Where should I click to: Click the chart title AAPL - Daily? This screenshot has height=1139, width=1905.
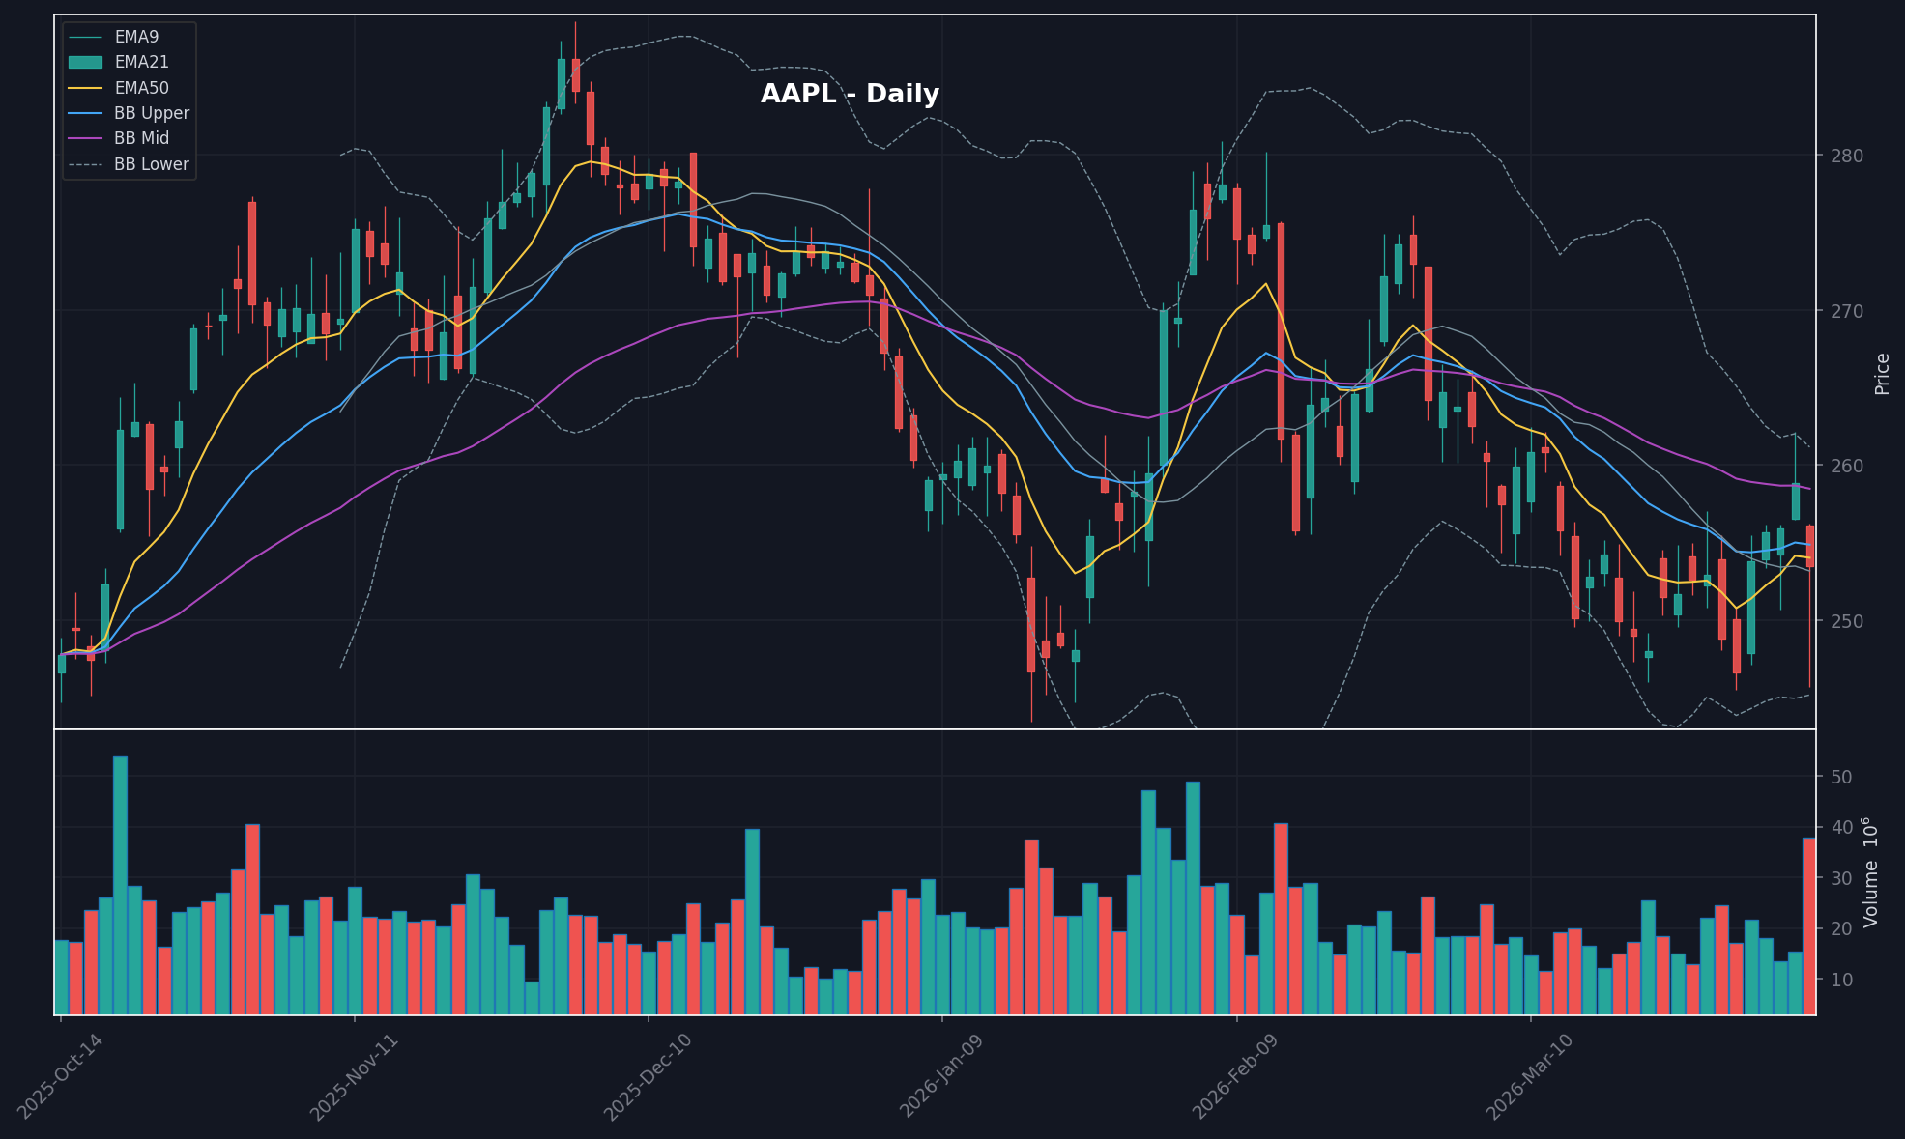point(850,95)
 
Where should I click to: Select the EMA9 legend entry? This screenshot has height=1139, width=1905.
point(136,37)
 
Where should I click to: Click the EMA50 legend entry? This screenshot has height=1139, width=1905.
point(141,88)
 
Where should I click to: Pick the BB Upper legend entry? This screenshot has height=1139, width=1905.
point(151,113)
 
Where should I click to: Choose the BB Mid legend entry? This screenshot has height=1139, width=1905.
point(141,138)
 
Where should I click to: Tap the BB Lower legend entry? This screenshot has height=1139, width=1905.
point(151,164)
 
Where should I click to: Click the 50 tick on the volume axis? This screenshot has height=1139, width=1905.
point(1840,778)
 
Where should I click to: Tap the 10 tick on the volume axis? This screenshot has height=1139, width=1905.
point(1840,980)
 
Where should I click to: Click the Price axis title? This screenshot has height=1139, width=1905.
point(1882,374)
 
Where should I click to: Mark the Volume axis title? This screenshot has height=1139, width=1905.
point(1872,872)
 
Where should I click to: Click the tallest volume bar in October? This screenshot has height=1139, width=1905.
point(120,885)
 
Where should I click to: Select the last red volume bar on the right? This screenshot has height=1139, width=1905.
point(1808,925)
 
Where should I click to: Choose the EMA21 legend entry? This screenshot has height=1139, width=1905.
point(141,62)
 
